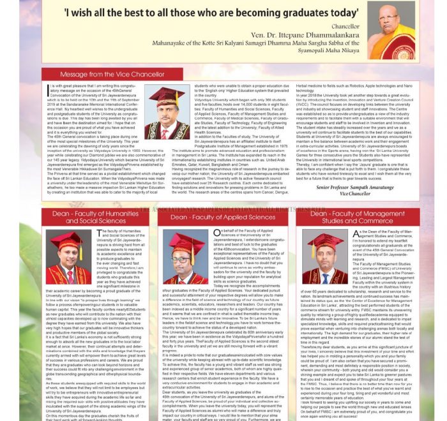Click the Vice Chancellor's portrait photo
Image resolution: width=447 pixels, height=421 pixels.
167,114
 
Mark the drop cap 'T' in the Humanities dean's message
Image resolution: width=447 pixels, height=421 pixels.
100,234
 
